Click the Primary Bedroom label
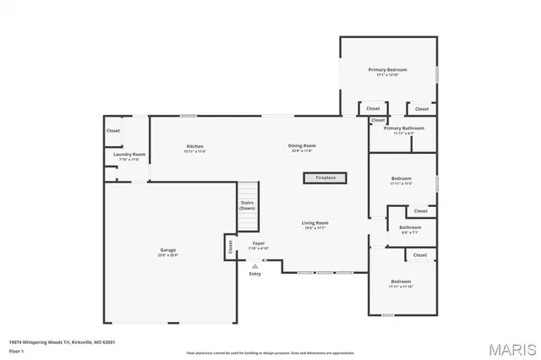[387, 69]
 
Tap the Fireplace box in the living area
[325, 177]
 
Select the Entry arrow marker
[254, 265]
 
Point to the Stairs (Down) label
[247, 205]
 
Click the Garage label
[168, 250]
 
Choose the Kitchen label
[195, 146]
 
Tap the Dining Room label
[302, 146]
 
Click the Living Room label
[315, 223]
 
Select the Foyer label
[258, 243]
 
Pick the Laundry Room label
[129, 154]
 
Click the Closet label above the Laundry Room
[113, 130]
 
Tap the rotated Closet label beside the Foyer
[229, 246]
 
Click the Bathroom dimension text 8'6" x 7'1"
[410, 232]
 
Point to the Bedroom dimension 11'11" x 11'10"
[401, 286]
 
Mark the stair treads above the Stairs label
[247, 191]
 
